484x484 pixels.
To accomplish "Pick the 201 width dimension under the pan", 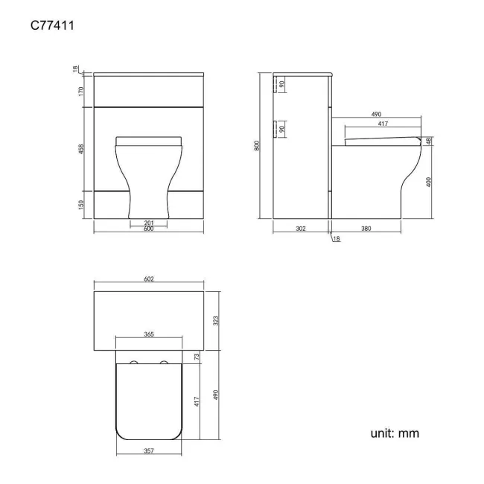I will point(148,222).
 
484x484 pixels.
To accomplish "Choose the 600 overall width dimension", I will point(148,229).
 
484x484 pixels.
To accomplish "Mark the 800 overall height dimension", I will point(257,147).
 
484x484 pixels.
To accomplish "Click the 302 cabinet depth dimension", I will point(301,229).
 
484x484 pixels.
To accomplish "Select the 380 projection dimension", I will point(366,229).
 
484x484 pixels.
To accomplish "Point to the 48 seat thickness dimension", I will point(429,140).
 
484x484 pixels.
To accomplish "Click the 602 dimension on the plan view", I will point(148,279).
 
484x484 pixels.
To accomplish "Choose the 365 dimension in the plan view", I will point(148,335).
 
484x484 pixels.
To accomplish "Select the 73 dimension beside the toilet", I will point(197,357).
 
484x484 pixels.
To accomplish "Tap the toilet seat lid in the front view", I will point(148,140).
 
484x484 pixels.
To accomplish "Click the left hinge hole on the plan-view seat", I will point(134,363).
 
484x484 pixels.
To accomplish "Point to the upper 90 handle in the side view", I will point(281,84).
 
